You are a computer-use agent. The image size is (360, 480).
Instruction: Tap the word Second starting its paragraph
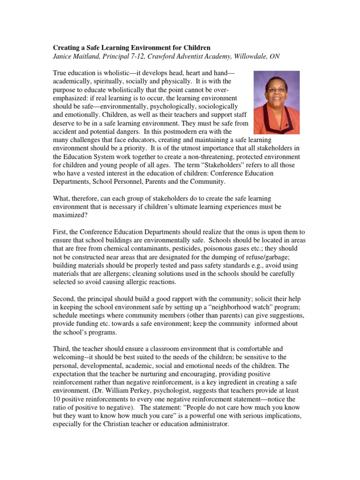coord(64,298)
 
